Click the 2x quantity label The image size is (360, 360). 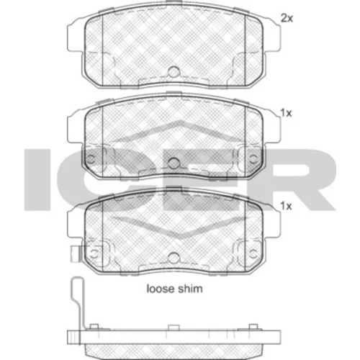pyautogui.click(x=287, y=18)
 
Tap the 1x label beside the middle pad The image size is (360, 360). pyautogui.click(x=286, y=113)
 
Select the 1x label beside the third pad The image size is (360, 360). pyautogui.click(x=286, y=206)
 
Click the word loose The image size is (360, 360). pyautogui.click(x=160, y=289)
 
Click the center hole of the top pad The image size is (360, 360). pyautogui.click(x=174, y=71)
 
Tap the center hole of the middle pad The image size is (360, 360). pyautogui.click(x=174, y=163)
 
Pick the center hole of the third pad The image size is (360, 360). pyautogui.click(x=174, y=258)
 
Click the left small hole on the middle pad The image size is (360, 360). pyautogui.click(x=91, y=159)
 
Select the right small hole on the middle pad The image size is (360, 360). pyautogui.click(x=253, y=158)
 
